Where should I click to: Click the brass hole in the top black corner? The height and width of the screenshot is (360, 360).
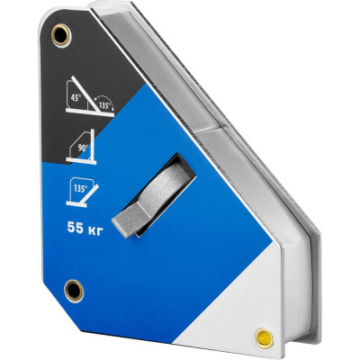tap(61, 35)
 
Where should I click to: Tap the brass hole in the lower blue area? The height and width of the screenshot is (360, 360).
tap(74, 290)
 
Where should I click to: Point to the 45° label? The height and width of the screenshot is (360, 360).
tap(76, 98)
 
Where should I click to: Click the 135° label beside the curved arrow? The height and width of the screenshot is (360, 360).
tap(103, 105)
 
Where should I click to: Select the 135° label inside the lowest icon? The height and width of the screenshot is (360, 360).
tap(80, 189)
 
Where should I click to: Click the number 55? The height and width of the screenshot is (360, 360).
tap(75, 228)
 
